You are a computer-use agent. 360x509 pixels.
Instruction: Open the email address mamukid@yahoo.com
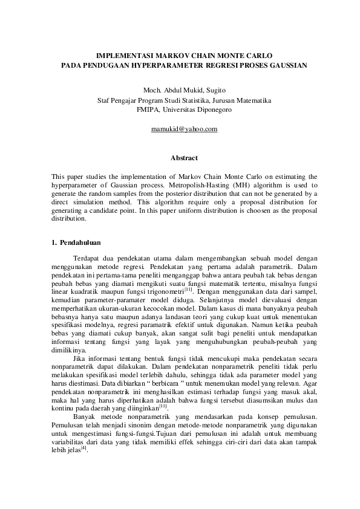pyautogui.click(x=184, y=129)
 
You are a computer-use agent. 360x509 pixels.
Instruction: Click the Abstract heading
pyautogui.click(x=184, y=158)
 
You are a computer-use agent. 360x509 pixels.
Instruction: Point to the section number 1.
pyautogui.click(x=55, y=243)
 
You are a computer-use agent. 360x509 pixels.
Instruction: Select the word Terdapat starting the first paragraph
pyautogui.click(x=87, y=258)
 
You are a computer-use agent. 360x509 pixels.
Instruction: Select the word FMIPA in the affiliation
pyautogui.click(x=149, y=110)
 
